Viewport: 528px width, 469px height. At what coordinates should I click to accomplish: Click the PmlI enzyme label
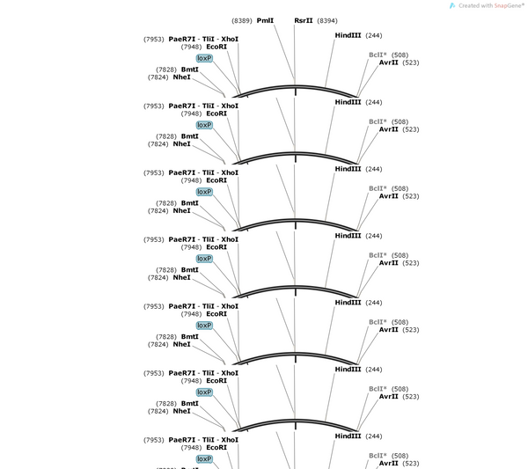[x=265, y=20]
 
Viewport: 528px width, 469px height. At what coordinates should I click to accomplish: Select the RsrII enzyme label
[x=304, y=20]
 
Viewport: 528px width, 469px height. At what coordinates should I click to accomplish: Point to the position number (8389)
[x=242, y=21]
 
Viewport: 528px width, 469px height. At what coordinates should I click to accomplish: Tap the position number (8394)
[x=327, y=21]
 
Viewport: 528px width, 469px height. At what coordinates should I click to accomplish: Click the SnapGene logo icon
[x=452, y=6]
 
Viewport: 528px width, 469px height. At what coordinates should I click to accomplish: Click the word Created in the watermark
[x=469, y=6]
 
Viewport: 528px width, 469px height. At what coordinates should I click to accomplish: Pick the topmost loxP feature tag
[x=204, y=58]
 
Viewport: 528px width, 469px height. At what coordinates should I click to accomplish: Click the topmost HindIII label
[x=348, y=35]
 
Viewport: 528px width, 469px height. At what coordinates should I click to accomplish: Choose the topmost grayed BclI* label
[x=378, y=55]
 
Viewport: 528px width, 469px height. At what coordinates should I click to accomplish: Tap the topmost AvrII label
[x=389, y=62]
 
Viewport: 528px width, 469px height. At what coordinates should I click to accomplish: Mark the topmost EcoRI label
[x=216, y=47]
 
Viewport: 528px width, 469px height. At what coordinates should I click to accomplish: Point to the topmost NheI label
[x=181, y=77]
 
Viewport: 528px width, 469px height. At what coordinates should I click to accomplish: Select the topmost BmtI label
[x=190, y=70]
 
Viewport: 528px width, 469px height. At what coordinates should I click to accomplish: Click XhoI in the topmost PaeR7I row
[x=230, y=39]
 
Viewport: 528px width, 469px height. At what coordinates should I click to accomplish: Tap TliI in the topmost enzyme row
[x=208, y=39]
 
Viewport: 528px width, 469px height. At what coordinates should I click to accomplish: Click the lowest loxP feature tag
[x=204, y=459]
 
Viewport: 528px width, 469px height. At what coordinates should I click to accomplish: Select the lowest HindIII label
[x=348, y=436]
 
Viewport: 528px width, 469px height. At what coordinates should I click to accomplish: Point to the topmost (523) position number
[x=411, y=63]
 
